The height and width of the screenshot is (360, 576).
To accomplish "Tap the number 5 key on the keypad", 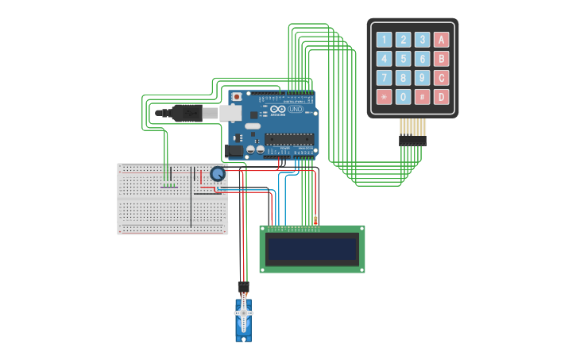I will (x=403, y=59).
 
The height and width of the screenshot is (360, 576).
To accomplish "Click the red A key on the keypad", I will (x=441, y=40).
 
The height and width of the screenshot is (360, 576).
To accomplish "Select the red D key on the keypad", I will (x=441, y=97).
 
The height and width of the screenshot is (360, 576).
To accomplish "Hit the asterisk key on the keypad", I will (x=384, y=97).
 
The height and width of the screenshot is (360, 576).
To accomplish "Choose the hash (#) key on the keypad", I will (x=422, y=97).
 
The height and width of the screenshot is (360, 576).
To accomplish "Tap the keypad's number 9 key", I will (x=422, y=78).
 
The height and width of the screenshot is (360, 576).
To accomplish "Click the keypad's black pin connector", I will (x=412, y=141).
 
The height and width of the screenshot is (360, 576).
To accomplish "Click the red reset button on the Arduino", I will (x=236, y=97).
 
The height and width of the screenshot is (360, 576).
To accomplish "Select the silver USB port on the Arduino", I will (x=230, y=113).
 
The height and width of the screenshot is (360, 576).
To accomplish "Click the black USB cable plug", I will (x=186, y=113).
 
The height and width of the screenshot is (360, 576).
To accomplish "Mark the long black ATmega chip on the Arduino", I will (x=289, y=138).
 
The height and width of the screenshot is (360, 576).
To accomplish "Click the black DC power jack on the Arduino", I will (x=234, y=149).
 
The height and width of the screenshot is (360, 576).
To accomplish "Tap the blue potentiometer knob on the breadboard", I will (x=217, y=173).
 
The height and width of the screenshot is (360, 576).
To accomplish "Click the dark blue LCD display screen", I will (x=312, y=249).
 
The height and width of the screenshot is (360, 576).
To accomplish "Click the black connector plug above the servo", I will (x=243, y=286).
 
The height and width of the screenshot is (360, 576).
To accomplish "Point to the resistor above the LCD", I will (x=315, y=220).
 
